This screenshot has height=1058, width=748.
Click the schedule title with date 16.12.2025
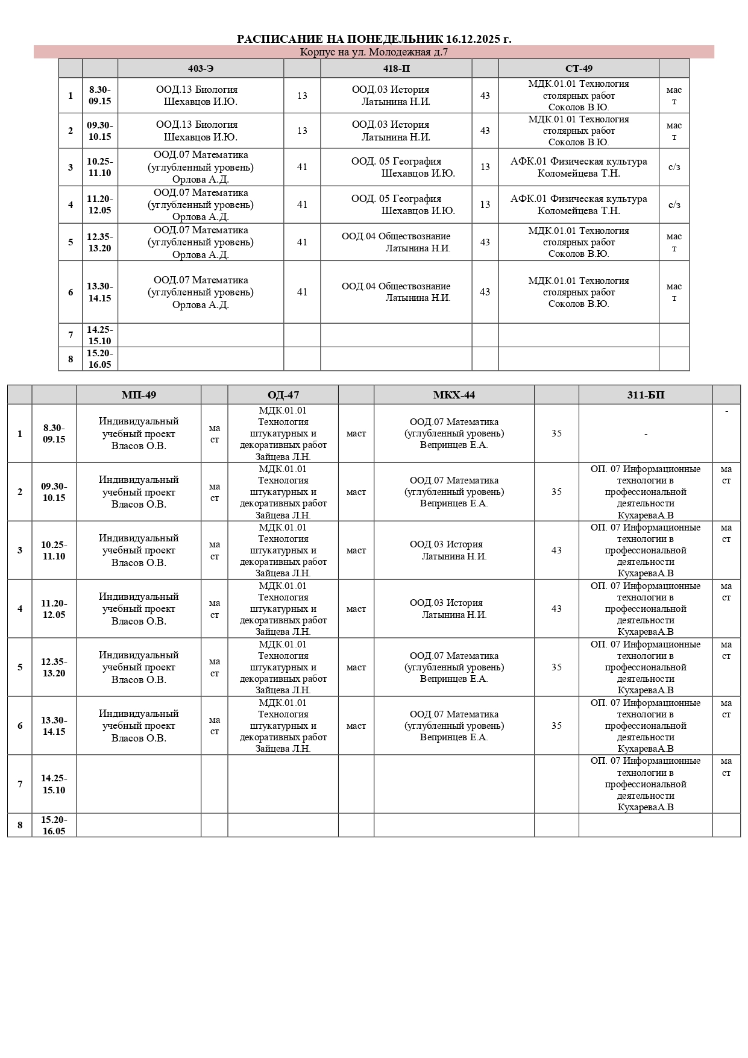coord(374,39)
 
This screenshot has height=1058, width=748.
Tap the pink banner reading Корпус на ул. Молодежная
coord(374,52)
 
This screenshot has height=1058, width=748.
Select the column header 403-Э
coord(201,69)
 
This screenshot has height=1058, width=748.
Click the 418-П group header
coord(396,69)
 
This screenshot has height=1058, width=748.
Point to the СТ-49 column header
coord(579,69)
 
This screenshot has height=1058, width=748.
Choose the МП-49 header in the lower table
coord(139,395)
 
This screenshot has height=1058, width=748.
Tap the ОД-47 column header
coord(283,395)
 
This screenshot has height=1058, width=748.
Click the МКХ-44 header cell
coord(454,395)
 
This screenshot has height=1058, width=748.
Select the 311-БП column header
coord(646,395)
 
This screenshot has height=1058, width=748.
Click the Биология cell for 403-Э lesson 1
coord(201,96)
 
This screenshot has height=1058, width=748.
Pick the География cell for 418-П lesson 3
coord(396,168)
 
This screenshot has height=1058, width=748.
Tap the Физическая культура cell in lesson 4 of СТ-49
coord(579,205)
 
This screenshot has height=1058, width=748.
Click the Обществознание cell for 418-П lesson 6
coord(396,292)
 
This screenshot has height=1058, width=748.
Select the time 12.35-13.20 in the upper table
coord(100,242)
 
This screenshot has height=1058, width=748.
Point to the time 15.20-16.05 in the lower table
coord(54,825)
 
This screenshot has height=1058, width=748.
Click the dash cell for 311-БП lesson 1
coord(646,434)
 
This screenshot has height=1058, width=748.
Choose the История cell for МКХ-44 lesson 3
coord(454,550)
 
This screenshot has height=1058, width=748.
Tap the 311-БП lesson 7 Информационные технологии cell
coord(646,784)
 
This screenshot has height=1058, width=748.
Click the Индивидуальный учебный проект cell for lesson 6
coord(139,726)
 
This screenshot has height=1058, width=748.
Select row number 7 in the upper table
coord(71,335)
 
